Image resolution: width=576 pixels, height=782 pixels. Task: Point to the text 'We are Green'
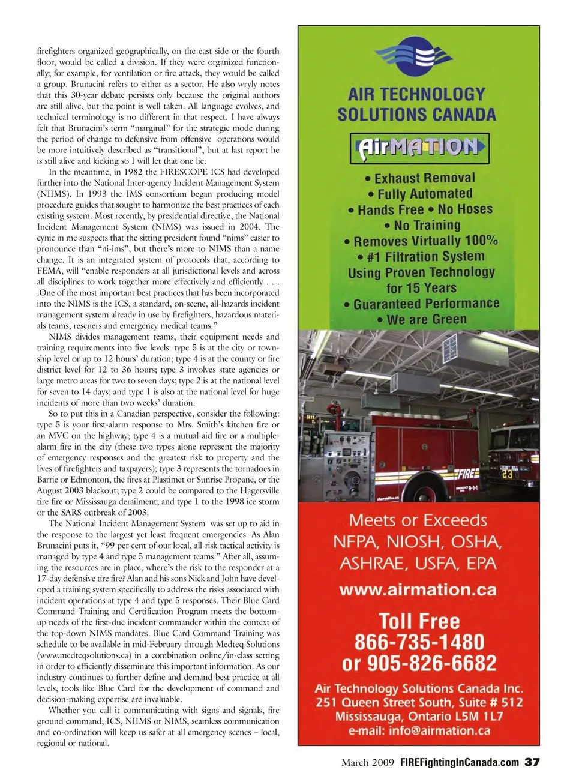(x=427, y=320)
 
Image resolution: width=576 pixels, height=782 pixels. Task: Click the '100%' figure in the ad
(x=481, y=241)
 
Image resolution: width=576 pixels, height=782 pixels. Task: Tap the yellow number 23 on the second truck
(x=508, y=474)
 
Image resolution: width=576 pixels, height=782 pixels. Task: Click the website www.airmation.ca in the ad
(x=418, y=590)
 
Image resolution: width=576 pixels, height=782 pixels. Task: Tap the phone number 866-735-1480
(x=419, y=642)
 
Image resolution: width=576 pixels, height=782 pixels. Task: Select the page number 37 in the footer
(x=532, y=762)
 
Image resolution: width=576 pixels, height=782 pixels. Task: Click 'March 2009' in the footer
(x=367, y=763)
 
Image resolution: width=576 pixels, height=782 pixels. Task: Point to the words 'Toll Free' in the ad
(x=419, y=621)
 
